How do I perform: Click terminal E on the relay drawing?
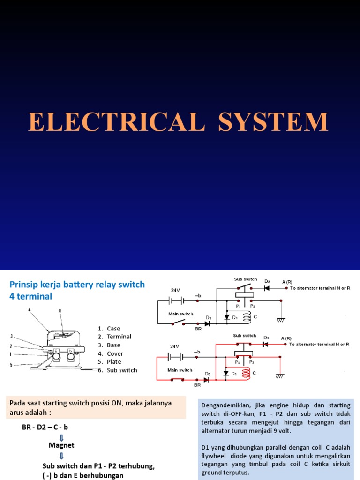(x=56, y=350)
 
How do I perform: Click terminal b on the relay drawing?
(x=70, y=350)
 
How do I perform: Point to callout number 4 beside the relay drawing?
(x=29, y=309)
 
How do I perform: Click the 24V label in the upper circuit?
(x=175, y=290)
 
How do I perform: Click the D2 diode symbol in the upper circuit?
(x=206, y=323)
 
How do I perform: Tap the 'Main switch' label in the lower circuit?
(x=180, y=370)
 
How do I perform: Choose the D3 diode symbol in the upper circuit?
(x=266, y=288)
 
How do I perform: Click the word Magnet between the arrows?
(x=61, y=445)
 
